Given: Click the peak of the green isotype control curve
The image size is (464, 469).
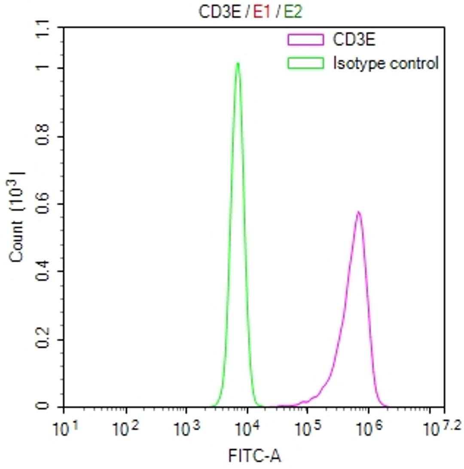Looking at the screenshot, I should [x=237, y=64].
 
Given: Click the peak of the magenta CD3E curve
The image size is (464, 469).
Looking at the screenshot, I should [x=358, y=212].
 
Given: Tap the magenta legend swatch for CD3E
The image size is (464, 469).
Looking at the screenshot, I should [x=305, y=40].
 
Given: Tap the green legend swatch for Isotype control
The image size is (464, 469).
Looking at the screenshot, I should [x=305, y=63].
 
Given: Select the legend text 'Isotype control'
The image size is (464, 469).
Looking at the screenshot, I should [x=386, y=63].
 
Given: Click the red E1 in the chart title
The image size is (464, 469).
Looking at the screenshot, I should [x=261, y=13].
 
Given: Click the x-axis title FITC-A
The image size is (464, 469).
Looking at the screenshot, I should [x=255, y=455].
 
